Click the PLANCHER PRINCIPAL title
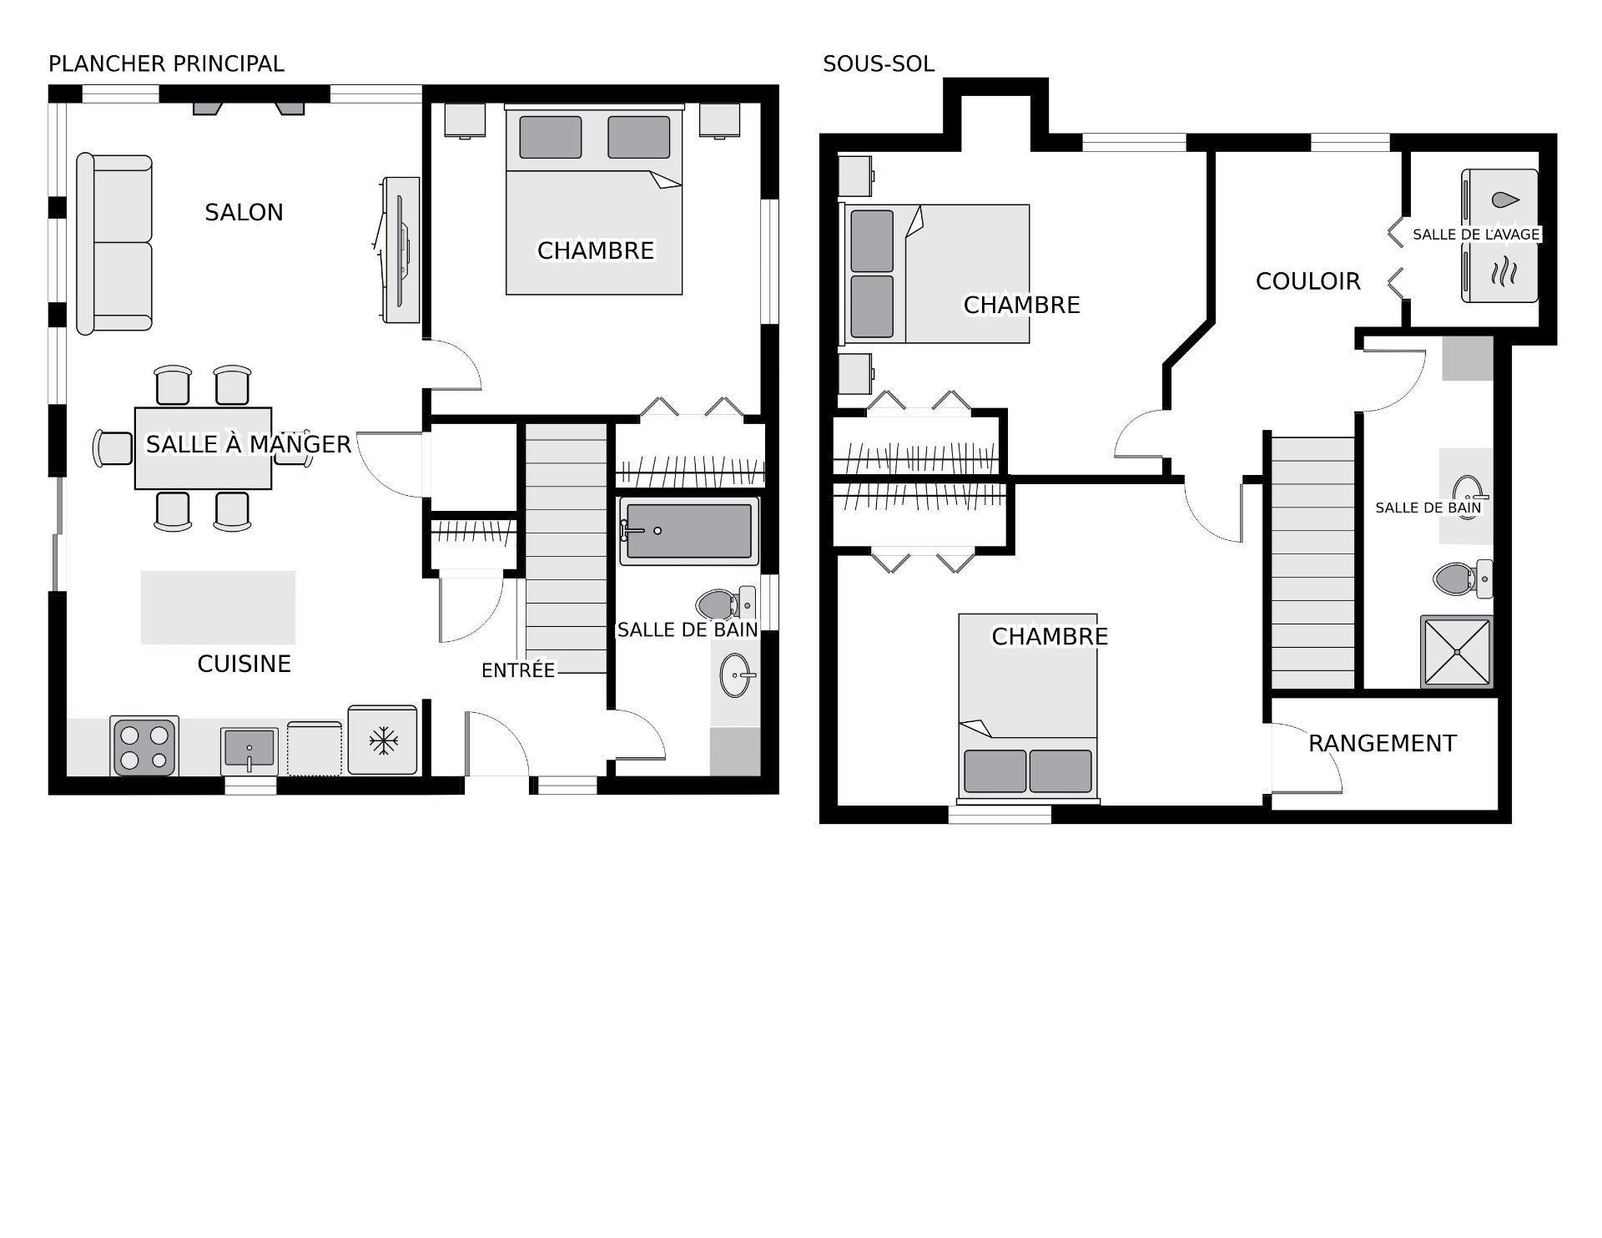coord(166,63)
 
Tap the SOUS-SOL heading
coord(878,63)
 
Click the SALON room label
coord(244,212)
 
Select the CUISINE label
coord(244,664)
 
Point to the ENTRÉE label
coord(518,670)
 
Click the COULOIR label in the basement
coord(1307,281)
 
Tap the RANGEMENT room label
coord(1382,743)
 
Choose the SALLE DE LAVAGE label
coord(1475,235)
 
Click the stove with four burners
coord(144,746)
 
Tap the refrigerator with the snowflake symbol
coord(382,740)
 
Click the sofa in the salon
coord(114,244)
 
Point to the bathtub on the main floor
coord(688,531)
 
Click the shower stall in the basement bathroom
coord(1456,652)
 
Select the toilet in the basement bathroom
coord(1463,578)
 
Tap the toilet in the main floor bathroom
coord(726,603)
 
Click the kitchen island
coord(218,608)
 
